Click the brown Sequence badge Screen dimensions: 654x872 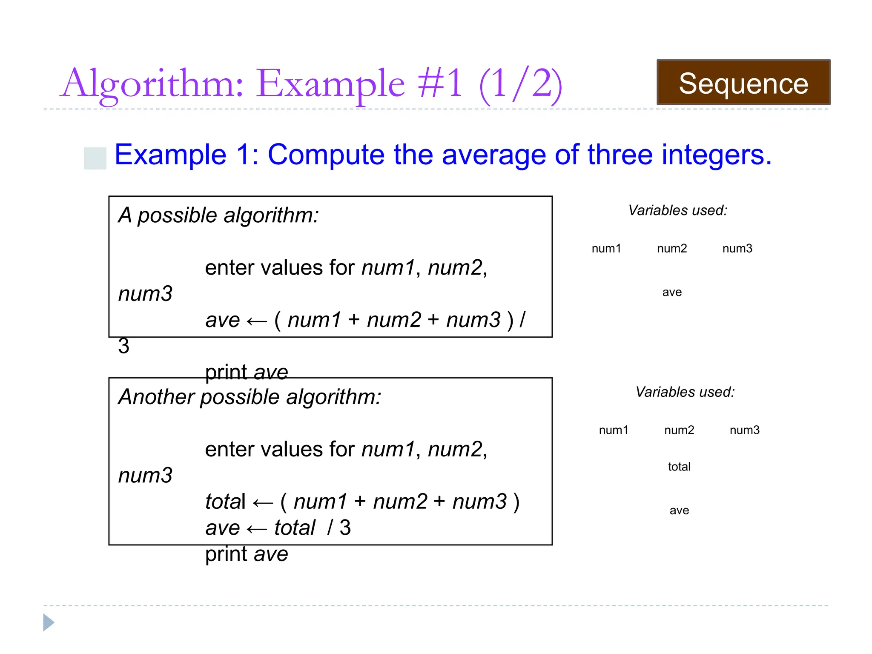(x=743, y=83)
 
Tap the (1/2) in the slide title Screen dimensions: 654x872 (x=520, y=84)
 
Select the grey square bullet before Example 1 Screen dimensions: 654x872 (x=95, y=158)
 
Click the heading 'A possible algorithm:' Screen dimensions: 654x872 (x=218, y=215)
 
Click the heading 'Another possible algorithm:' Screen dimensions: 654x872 (x=250, y=397)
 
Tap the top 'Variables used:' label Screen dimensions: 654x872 (x=678, y=210)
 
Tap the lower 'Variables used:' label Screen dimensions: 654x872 (x=685, y=392)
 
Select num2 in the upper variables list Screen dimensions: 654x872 (x=672, y=249)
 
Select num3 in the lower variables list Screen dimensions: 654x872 (x=744, y=430)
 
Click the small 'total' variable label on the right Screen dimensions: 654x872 (x=679, y=467)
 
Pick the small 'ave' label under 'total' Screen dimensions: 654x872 (x=679, y=511)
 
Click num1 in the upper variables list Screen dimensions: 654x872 (x=606, y=249)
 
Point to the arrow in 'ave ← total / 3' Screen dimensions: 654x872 (x=257, y=530)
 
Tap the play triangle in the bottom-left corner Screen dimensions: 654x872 (x=49, y=622)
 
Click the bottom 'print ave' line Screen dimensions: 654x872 (x=247, y=554)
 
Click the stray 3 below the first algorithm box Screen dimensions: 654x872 (x=123, y=346)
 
